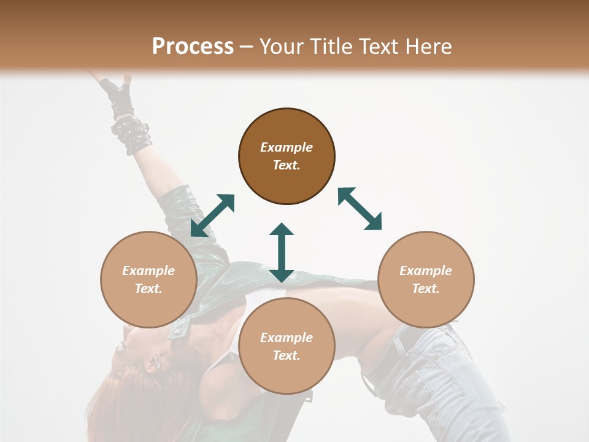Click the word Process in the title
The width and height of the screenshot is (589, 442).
193,47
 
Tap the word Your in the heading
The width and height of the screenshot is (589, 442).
282,47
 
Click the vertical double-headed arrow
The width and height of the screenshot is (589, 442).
282,252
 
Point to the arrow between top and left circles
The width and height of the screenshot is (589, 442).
212,215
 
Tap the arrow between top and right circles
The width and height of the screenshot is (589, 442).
360,209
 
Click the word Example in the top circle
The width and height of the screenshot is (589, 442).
287,147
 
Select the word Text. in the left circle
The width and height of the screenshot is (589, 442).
148,289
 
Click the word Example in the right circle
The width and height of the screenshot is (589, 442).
426,271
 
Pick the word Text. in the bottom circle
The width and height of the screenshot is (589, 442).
287,355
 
